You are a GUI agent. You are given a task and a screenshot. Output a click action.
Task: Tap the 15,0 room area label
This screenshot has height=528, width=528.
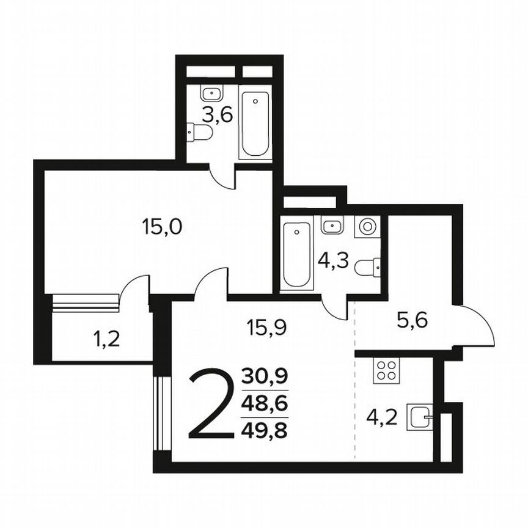[x=161, y=228]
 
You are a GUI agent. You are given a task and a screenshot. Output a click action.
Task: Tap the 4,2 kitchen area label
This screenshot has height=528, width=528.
[x=383, y=418]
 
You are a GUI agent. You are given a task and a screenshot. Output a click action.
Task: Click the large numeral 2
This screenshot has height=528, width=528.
[x=211, y=404]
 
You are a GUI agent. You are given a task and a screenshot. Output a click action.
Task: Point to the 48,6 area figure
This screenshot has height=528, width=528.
[x=265, y=404]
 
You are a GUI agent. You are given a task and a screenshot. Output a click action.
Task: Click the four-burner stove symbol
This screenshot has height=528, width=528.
[x=386, y=370]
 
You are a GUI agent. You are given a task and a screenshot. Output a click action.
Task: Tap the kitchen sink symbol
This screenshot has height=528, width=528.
[x=420, y=419]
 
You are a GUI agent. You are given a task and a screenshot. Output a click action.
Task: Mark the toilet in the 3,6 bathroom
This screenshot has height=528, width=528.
[x=199, y=131]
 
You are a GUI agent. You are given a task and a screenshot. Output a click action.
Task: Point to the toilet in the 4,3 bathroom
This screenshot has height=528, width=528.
[x=368, y=267]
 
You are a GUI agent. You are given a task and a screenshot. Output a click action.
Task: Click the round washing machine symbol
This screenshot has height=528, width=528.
[x=367, y=226]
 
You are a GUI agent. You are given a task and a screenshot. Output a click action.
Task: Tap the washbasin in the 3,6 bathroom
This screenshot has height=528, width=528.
[x=212, y=94]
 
